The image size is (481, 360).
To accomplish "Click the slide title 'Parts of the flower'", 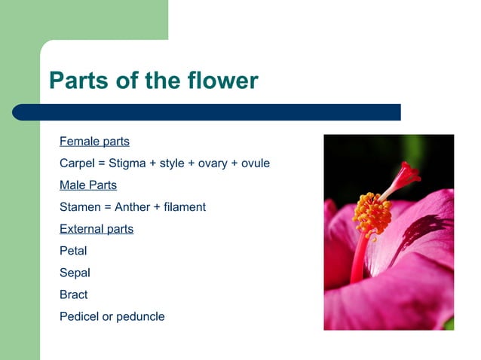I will pos(153,81).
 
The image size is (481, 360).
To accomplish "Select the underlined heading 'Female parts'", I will pos(94,142).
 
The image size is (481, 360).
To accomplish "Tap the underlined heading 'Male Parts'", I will pos(88,185).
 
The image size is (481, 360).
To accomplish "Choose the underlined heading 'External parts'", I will pos(97,229).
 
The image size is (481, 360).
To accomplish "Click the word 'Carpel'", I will pos(76,163).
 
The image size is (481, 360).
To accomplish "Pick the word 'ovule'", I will pos(255,163).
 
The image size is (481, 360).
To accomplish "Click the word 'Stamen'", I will pos(79,207).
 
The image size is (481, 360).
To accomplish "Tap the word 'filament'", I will pos(185,207).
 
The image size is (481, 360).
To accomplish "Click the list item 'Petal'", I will pos(73,251).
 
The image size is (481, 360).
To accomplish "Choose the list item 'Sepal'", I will pos(75,273).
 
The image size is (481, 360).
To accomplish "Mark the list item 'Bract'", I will pos(74,294).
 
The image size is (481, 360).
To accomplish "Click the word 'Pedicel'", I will pos(79,316).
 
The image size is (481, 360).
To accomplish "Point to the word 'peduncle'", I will pos(139,316).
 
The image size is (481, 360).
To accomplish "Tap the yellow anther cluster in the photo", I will pos(372,214).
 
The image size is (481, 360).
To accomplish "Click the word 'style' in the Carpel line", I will pos(172,163).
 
